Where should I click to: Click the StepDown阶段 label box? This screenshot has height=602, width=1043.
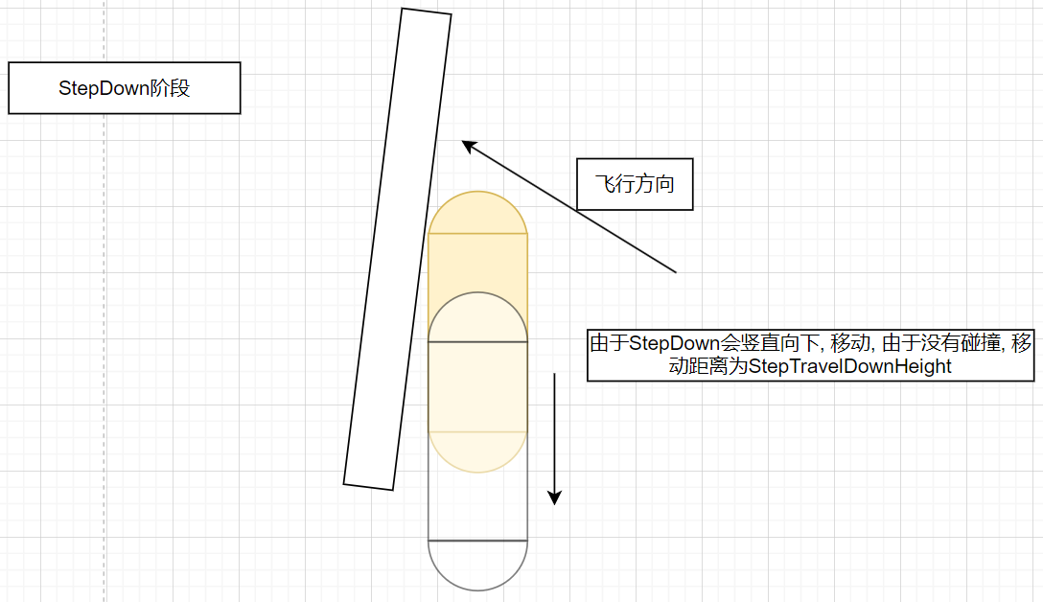pyautogui.click(x=125, y=88)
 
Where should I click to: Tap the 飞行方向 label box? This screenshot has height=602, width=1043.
pyautogui.click(x=635, y=184)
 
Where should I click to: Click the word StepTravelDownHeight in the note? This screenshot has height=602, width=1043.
pyautogui.click(x=850, y=366)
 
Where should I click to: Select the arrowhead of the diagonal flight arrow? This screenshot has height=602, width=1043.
pyautogui.click(x=469, y=146)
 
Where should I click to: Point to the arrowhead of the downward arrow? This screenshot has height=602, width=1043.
pyautogui.click(x=555, y=498)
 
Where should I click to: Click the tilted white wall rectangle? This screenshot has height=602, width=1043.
pyautogui.click(x=398, y=249)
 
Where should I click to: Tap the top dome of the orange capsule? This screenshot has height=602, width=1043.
pyautogui.click(x=477, y=213)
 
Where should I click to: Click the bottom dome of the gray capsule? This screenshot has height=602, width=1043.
pyautogui.click(x=477, y=566)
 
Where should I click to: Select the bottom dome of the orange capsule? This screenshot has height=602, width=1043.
pyautogui.click(x=477, y=452)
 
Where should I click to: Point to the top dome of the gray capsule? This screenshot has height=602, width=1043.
pyautogui.click(x=477, y=316)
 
